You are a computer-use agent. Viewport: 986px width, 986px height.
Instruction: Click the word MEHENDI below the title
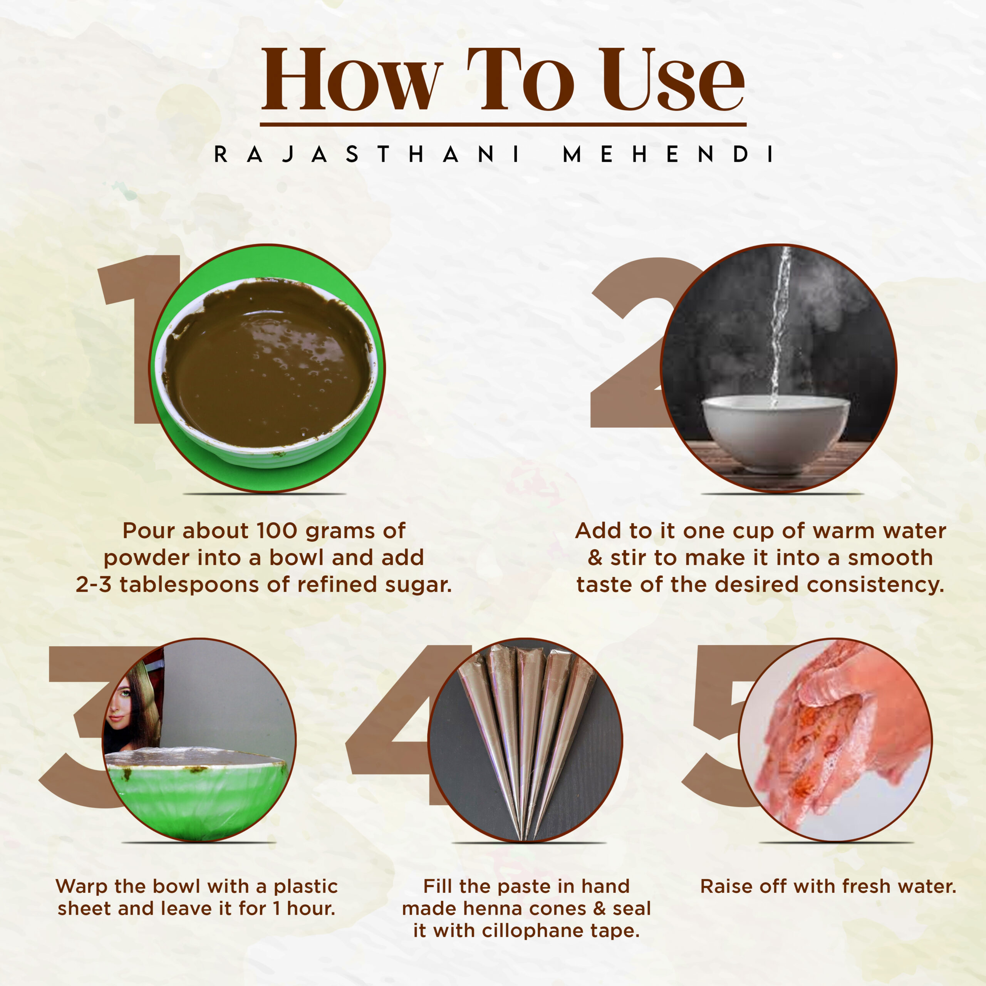[668, 154]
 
